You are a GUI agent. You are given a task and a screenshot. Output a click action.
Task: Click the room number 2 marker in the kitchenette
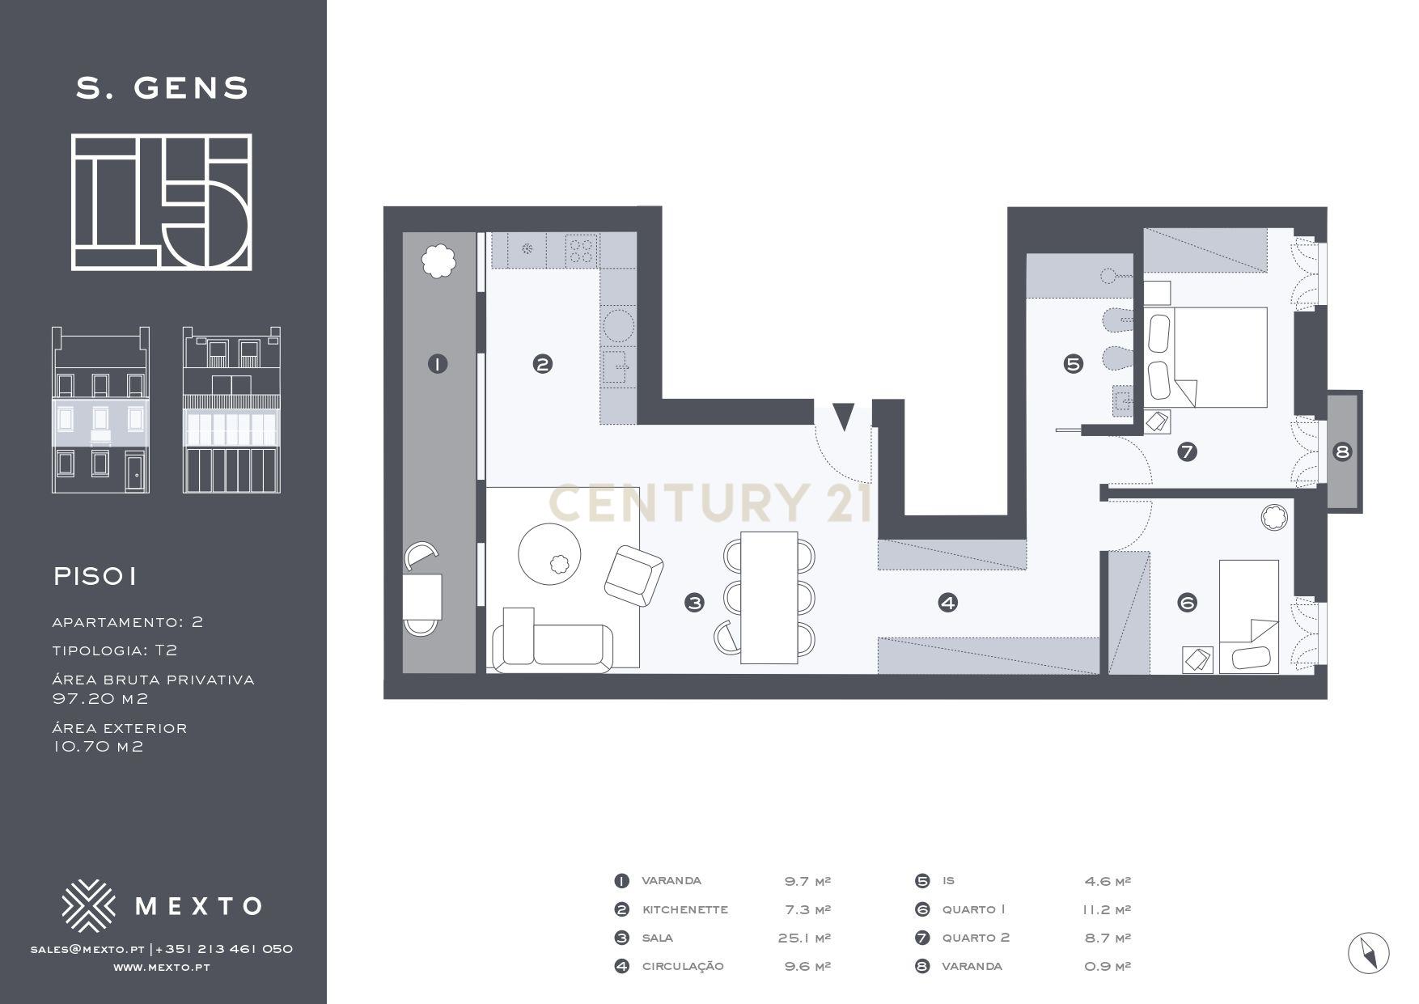click(x=543, y=364)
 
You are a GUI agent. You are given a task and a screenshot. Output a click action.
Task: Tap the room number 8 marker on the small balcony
click(x=1342, y=452)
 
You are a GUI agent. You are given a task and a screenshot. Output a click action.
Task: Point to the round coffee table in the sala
click(x=549, y=553)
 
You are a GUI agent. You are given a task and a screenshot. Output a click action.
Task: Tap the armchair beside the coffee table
click(x=634, y=575)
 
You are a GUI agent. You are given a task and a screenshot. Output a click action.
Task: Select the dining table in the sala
click(x=769, y=598)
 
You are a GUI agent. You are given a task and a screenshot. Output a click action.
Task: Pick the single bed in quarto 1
click(x=1249, y=616)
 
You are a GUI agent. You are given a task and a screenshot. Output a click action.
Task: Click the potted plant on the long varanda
click(x=438, y=261)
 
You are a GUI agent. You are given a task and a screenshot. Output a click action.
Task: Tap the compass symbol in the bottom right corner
click(x=1369, y=952)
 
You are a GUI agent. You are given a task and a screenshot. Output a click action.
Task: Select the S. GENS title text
click(x=163, y=87)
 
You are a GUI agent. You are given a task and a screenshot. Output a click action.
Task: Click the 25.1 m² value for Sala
click(x=804, y=938)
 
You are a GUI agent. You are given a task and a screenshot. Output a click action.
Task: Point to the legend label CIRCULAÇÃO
click(x=683, y=966)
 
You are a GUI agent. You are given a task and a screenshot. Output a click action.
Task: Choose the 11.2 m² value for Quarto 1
click(x=1107, y=909)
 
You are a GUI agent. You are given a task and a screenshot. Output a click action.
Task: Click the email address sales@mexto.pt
click(x=87, y=949)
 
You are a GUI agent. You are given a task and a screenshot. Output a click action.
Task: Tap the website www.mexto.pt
click(x=162, y=968)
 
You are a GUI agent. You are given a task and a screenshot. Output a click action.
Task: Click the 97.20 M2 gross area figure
click(x=100, y=698)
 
